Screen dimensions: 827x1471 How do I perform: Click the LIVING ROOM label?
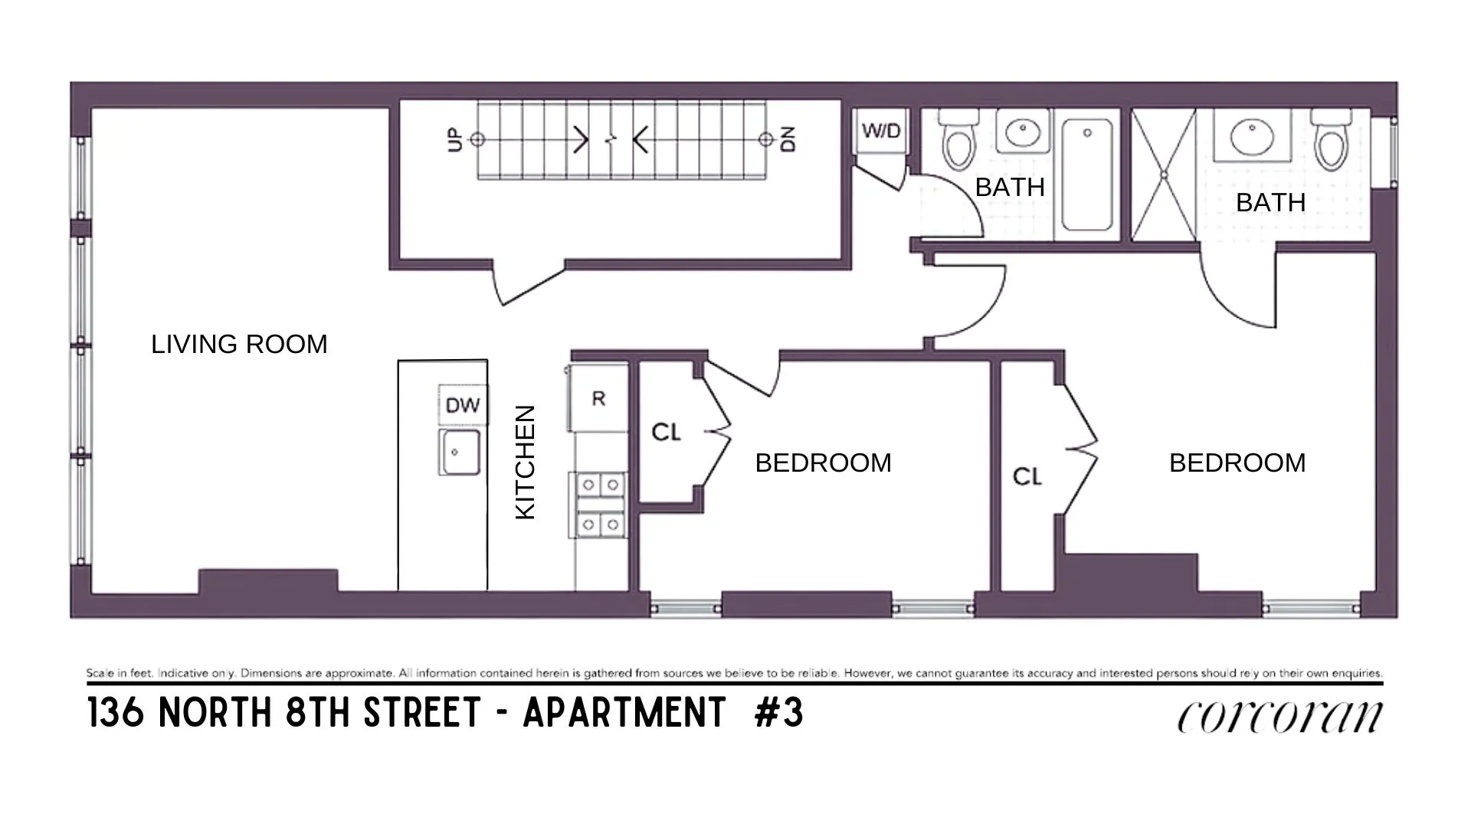click(239, 345)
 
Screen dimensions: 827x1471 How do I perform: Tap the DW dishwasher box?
click(463, 405)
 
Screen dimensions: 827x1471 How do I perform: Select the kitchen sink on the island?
click(460, 452)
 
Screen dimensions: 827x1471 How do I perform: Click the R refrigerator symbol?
click(598, 398)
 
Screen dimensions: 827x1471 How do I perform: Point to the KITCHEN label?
click(526, 463)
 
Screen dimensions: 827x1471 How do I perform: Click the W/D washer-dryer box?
click(881, 131)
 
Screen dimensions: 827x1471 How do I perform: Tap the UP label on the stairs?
click(455, 140)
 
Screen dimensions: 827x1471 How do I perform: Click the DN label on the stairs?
click(788, 139)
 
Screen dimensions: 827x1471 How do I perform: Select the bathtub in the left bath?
click(1086, 175)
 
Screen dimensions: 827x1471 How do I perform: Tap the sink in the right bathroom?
click(1253, 136)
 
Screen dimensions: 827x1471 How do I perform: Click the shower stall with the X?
click(1164, 175)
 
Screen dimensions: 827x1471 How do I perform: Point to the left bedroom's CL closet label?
click(666, 433)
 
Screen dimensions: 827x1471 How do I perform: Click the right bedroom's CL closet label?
click(1027, 477)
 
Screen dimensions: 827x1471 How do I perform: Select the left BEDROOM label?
click(823, 463)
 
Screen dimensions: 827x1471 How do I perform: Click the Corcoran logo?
click(1280, 717)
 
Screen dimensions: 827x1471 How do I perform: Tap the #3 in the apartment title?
click(779, 713)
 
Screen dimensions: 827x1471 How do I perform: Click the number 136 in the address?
click(115, 713)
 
